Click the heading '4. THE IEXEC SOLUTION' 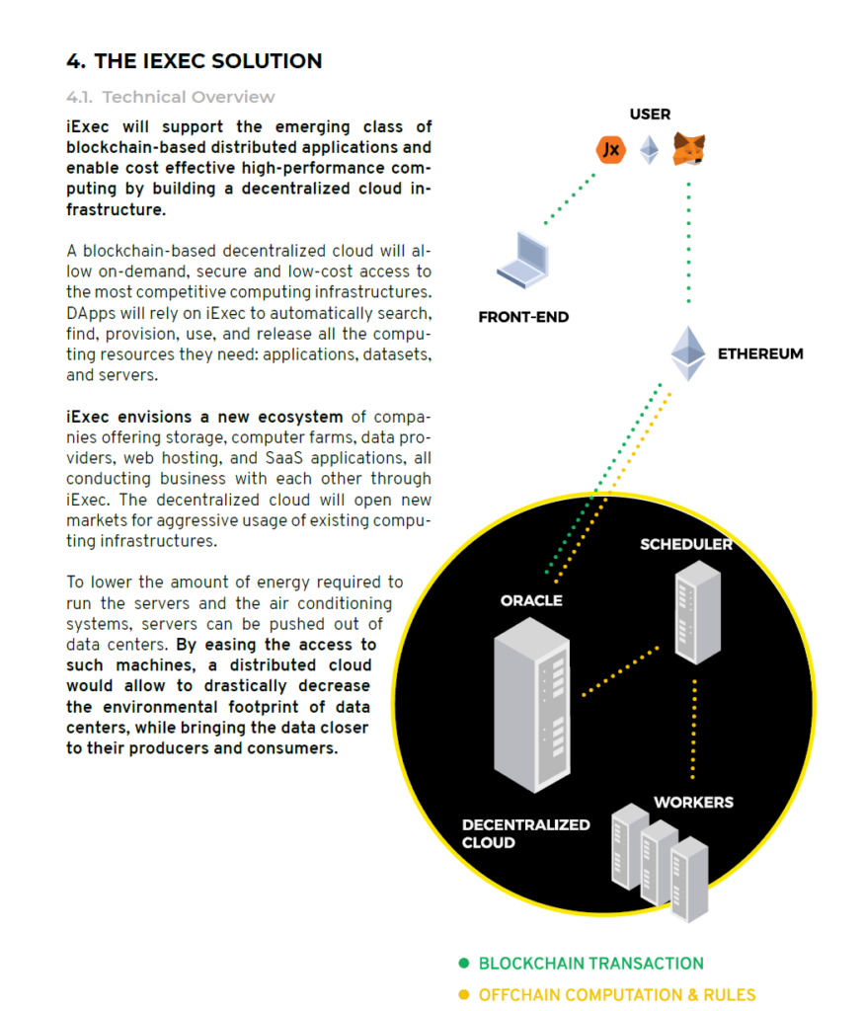point(194,61)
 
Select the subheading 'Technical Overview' point(189,97)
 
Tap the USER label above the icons point(650,115)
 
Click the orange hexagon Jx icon point(612,150)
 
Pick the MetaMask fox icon point(688,150)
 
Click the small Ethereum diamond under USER point(649,150)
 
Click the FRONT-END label point(523,318)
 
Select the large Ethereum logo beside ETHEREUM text point(688,352)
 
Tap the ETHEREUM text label point(760,353)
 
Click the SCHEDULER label point(686,545)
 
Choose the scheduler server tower point(697,612)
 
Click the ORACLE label point(531,600)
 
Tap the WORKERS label point(693,803)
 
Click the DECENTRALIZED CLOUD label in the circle point(525,833)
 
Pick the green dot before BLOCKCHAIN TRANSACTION point(464,964)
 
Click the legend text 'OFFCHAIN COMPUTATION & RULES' point(617,995)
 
